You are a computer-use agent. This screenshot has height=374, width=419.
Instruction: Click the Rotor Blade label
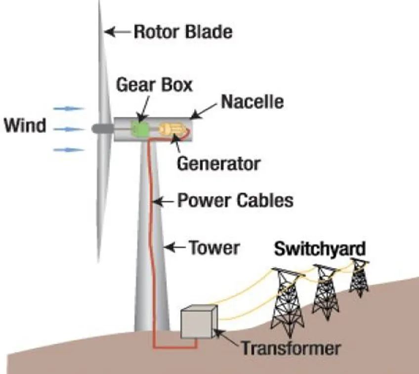[x=183, y=32]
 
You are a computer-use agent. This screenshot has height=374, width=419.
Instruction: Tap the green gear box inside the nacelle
[x=140, y=129]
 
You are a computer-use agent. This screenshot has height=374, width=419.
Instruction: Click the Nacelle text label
[x=252, y=102]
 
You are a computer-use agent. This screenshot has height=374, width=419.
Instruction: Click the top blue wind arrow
[x=69, y=108]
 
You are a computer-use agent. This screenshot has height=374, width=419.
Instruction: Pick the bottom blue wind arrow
[x=69, y=149]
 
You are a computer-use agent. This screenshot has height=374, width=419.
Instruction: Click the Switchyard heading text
[x=320, y=248]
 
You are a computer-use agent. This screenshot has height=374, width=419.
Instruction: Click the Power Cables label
[x=235, y=201]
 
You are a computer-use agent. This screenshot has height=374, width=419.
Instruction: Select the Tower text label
[x=214, y=247]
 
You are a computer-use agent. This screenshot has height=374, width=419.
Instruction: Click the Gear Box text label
[x=154, y=85]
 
